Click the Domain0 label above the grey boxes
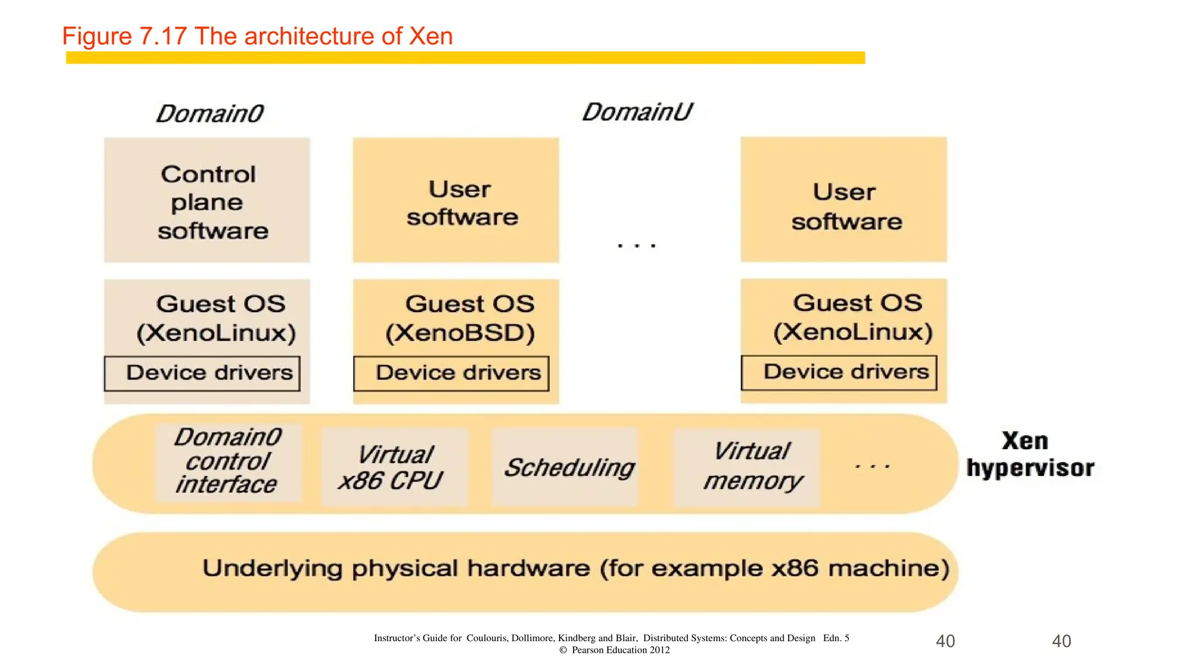pyautogui.click(x=210, y=113)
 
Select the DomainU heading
pyautogui.click(x=637, y=112)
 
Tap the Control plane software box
pyautogui.click(x=207, y=201)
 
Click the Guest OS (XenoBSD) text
pyautogui.click(x=461, y=318)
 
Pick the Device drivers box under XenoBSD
pyautogui.click(x=451, y=373)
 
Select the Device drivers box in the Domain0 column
pyautogui.click(x=202, y=373)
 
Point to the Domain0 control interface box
pyautogui.click(x=228, y=462)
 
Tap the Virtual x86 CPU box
pyautogui.click(x=394, y=467)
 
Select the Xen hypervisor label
pyautogui.click(x=1029, y=455)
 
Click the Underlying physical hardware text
pyautogui.click(x=575, y=568)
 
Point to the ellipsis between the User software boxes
pyautogui.click(x=637, y=246)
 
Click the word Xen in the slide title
pyautogui.click(x=431, y=36)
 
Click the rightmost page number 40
pyautogui.click(x=1061, y=641)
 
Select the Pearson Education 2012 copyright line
pyautogui.click(x=614, y=650)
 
